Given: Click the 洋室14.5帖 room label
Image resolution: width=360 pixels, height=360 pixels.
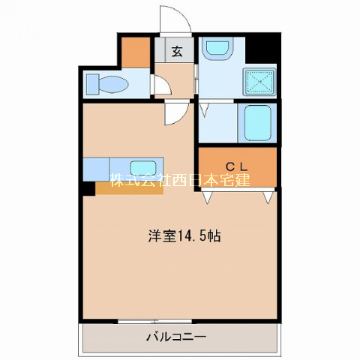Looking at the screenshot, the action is coord(184,236).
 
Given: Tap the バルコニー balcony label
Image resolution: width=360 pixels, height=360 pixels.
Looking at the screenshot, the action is coord(176,337).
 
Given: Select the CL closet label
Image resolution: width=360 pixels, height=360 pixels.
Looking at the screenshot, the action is coord(236,166).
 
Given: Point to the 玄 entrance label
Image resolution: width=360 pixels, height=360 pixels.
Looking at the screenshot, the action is coord(177,52).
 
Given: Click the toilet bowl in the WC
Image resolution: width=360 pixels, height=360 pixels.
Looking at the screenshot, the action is coord(113,83).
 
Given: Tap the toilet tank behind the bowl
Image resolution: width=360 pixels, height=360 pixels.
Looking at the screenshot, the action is coord(92,84).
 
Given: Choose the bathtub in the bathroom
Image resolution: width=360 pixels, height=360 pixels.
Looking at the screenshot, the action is coord(257,123).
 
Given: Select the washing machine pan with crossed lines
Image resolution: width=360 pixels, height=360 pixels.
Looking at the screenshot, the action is coord(259,82).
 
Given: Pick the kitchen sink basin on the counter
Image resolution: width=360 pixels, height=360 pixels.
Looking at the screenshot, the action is coord(143,168).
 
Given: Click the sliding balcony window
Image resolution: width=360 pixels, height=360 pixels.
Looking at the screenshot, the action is coord(154,321).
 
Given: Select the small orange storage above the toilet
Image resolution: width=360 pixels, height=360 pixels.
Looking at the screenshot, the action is coord(136,52).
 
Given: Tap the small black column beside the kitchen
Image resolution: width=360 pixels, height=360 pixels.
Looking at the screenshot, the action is coord(89,188).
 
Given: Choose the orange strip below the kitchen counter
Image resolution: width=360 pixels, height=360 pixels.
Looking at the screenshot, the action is coord(129,187).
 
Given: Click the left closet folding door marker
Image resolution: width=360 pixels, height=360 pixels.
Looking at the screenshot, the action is coord(207,197).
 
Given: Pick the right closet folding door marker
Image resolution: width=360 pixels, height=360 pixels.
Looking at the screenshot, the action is coord(268,197).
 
